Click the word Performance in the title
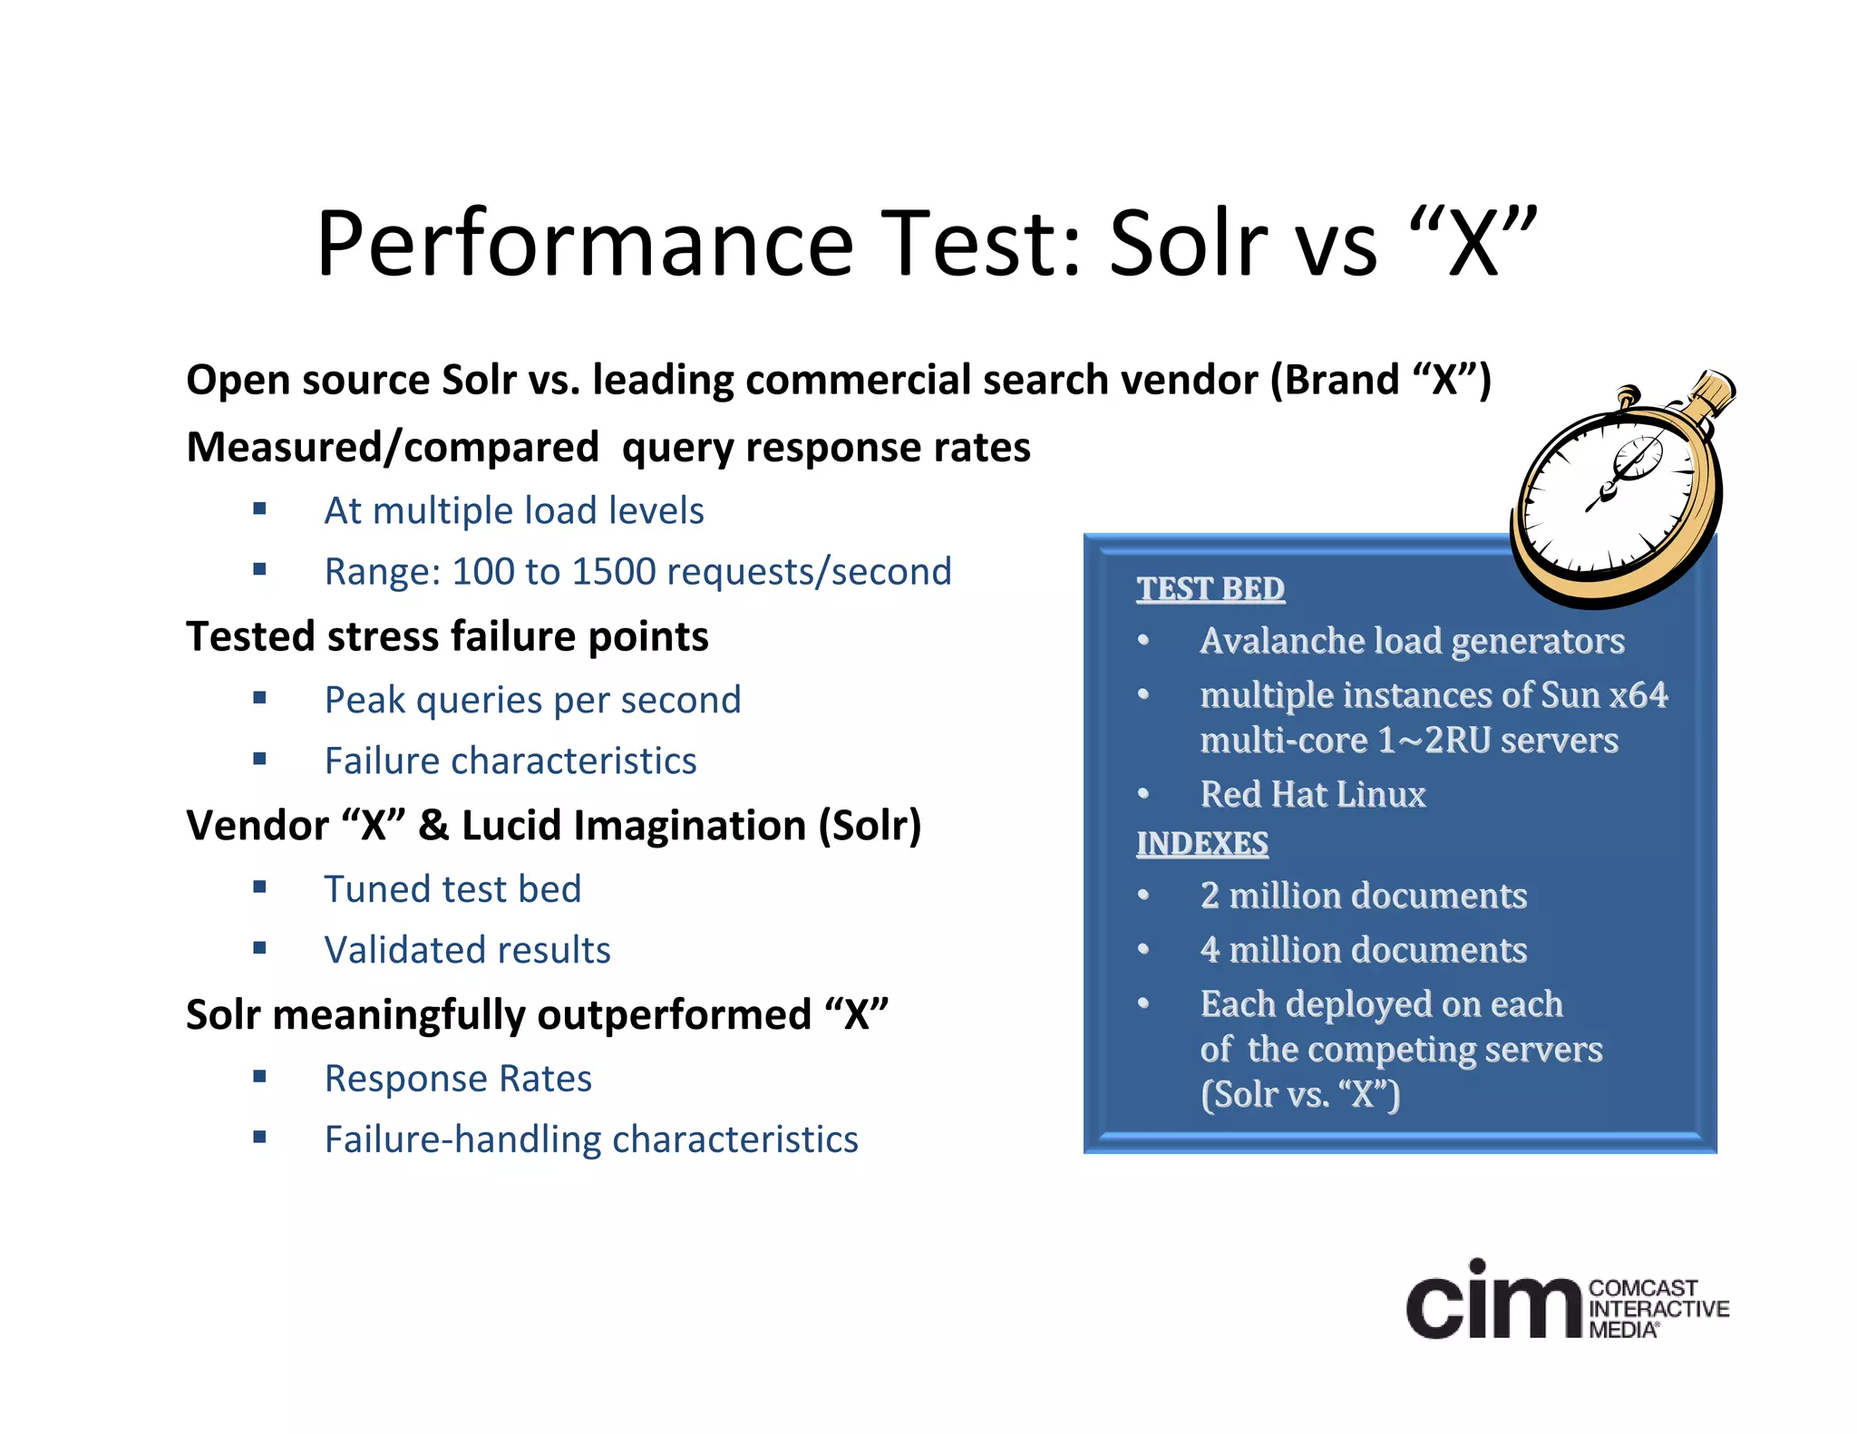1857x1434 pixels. tap(585, 245)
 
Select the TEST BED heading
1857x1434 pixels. tap(1210, 589)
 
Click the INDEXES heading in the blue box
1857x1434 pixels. tap(1202, 844)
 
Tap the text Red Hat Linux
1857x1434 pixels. tap(1312, 794)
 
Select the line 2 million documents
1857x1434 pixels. tap(1363, 896)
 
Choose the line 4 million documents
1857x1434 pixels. tap(1363, 950)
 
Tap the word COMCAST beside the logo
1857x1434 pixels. tap(1643, 1288)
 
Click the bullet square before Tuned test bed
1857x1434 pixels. tap(260, 887)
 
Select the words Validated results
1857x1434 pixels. tap(467, 950)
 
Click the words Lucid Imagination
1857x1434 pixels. tap(634, 826)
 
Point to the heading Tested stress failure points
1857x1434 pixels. tap(447, 636)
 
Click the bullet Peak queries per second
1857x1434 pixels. tap(532, 700)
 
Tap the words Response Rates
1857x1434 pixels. tap(458, 1079)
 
